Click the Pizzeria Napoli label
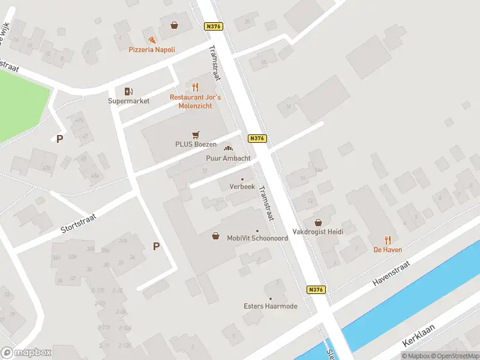(x=152, y=50)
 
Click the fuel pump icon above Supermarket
(x=128, y=91)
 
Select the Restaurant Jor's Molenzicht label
(x=195, y=101)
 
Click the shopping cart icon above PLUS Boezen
(x=196, y=134)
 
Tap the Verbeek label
(x=242, y=187)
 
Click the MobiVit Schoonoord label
(x=257, y=238)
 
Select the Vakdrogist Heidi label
(x=317, y=232)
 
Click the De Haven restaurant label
(x=388, y=250)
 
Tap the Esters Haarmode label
(x=270, y=306)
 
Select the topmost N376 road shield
(x=213, y=26)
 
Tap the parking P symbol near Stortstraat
(x=156, y=246)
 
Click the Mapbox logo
(x=26, y=353)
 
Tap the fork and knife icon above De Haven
(x=388, y=239)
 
